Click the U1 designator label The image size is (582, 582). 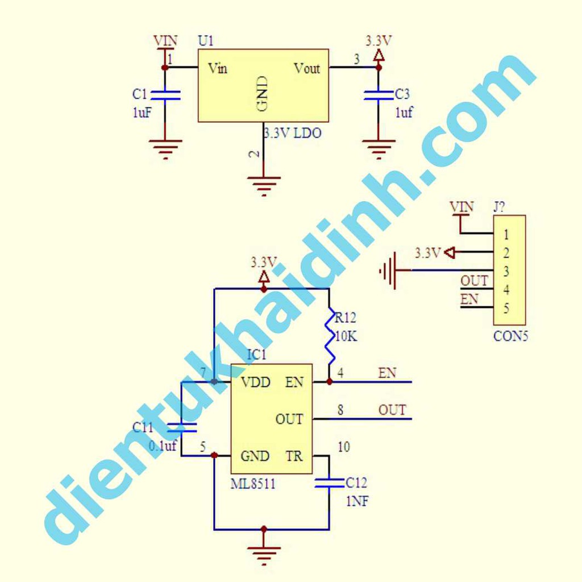click(206, 41)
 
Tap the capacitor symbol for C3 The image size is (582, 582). click(378, 95)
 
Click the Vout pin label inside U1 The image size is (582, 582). click(307, 69)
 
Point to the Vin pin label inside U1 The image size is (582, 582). click(218, 69)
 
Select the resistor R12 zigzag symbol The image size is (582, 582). click(330, 340)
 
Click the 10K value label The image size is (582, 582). click(346, 336)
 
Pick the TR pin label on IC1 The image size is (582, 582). click(294, 456)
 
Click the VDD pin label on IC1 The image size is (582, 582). click(255, 382)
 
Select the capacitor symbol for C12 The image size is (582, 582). click(329, 483)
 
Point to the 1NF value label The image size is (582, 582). click(357, 502)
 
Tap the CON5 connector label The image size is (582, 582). click(510, 336)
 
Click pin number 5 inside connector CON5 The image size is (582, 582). click(506, 309)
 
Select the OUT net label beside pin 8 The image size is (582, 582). click(392, 410)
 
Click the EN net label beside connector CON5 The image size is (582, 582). click(469, 299)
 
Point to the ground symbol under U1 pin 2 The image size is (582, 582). click(264, 185)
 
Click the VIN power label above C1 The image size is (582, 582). click(165, 41)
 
